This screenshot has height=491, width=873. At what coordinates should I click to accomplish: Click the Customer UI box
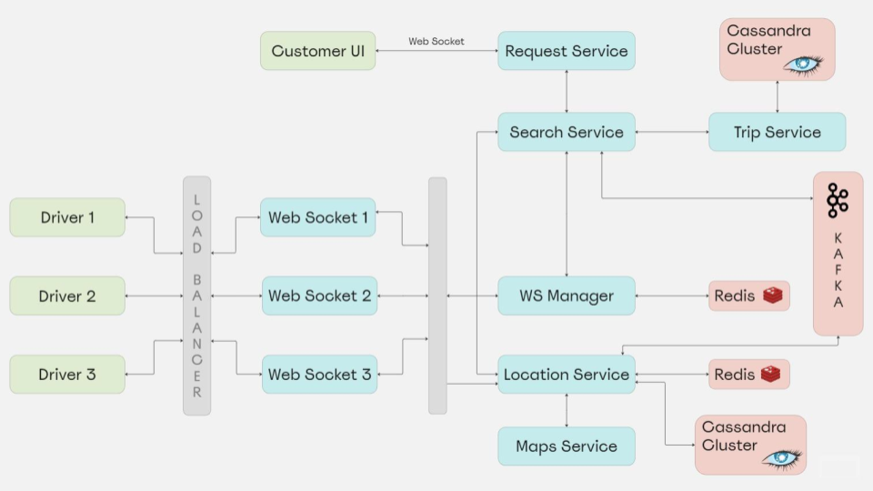tap(317, 51)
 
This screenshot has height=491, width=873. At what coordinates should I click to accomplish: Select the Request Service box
tap(566, 51)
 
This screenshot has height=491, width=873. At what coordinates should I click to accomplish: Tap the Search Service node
tap(566, 132)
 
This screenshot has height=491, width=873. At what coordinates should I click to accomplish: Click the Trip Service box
tap(777, 132)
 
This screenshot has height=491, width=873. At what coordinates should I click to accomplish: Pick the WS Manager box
tap(566, 296)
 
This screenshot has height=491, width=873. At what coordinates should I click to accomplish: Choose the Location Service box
tap(566, 375)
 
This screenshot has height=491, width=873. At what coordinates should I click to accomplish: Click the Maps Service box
tap(566, 446)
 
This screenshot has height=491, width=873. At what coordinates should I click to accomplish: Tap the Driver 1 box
tap(67, 217)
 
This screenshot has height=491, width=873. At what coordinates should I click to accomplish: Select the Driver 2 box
tap(67, 296)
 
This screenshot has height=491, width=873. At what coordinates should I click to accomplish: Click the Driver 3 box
tap(67, 375)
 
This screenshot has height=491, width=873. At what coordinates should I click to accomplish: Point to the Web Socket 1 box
tap(318, 217)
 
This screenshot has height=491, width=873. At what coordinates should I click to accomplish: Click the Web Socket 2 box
tap(319, 296)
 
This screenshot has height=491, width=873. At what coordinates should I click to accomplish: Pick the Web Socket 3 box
tap(319, 375)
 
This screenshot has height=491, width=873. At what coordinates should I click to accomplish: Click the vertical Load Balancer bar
tap(196, 296)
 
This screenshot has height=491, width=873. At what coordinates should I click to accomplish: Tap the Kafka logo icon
tap(837, 201)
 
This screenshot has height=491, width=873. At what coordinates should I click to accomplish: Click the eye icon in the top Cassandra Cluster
tap(802, 65)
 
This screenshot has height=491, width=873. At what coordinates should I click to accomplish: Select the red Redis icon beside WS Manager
tap(773, 296)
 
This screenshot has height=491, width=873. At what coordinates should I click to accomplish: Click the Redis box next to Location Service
tap(748, 375)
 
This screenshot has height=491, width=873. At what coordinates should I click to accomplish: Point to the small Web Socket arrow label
tap(436, 41)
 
